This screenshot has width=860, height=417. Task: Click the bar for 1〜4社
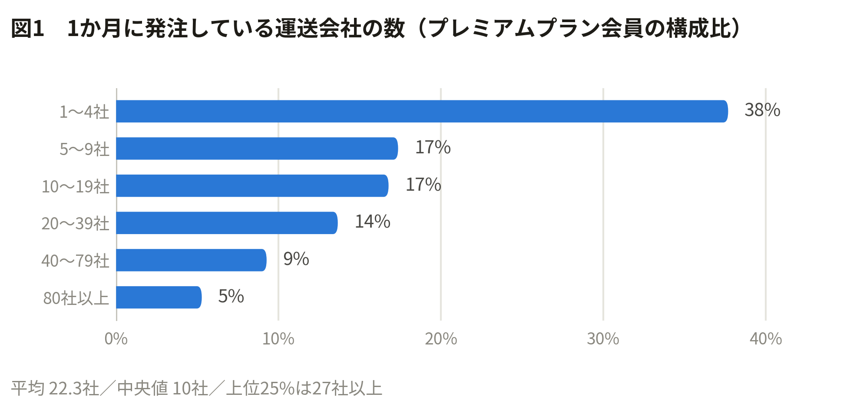tap(422, 111)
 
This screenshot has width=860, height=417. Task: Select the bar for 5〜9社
tap(257, 149)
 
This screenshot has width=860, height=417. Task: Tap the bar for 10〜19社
tap(252, 185)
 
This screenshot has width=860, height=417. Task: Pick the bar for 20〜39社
tap(227, 223)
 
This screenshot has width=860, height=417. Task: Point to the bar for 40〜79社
tap(192, 260)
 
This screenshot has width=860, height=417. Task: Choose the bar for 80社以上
tap(159, 298)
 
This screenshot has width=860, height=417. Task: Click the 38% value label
tap(762, 110)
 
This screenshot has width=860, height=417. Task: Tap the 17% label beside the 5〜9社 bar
tap(433, 148)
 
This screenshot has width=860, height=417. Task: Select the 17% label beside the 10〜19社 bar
tap(423, 185)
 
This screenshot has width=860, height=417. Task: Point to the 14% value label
tap(373, 222)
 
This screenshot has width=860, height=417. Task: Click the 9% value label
tap(296, 259)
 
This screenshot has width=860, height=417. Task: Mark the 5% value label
tap(231, 297)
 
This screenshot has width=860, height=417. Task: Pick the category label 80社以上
tap(76, 298)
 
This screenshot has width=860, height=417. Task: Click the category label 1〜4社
tap(84, 112)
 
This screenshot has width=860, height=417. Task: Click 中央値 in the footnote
tap(142, 388)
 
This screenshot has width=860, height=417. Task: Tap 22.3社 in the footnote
tap(74, 388)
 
